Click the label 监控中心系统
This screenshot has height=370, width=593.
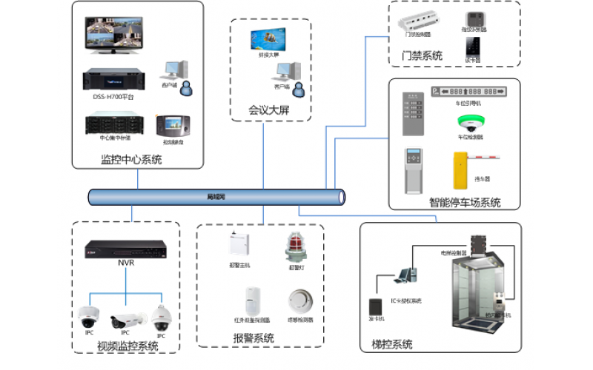(x=131, y=160)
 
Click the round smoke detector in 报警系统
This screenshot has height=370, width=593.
(x=299, y=302)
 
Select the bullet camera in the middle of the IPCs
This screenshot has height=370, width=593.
(x=124, y=319)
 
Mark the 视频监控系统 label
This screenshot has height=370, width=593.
(x=127, y=346)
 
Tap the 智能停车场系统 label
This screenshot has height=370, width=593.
(x=465, y=203)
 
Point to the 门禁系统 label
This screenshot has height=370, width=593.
(x=423, y=55)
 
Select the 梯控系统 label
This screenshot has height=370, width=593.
(x=392, y=345)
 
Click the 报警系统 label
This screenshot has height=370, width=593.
(x=254, y=338)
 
